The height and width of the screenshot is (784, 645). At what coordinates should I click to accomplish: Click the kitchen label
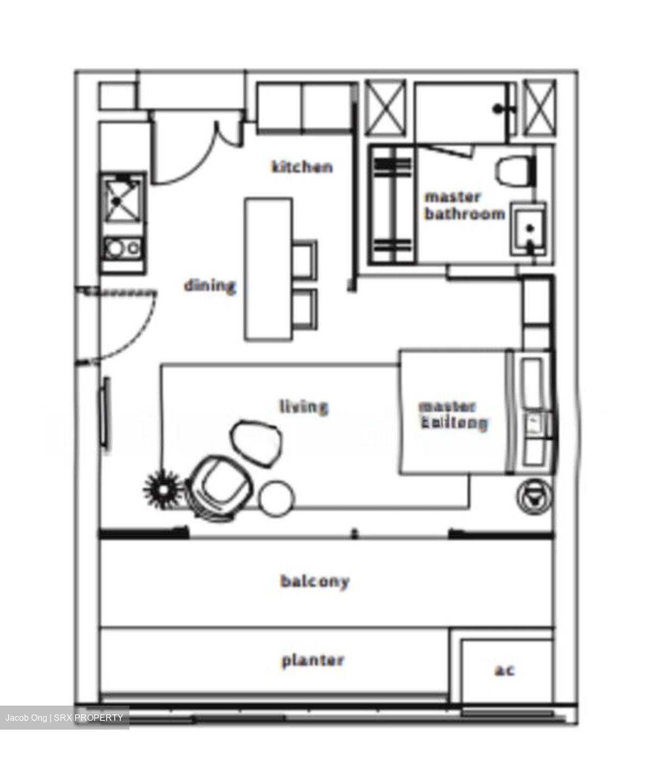click(x=302, y=166)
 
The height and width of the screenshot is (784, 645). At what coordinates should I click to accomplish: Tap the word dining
click(x=209, y=285)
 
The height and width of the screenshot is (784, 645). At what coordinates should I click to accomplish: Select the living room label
click(x=303, y=406)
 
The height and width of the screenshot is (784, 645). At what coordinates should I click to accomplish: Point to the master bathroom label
click(x=464, y=205)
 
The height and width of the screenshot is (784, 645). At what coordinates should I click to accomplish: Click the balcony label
click(x=315, y=581)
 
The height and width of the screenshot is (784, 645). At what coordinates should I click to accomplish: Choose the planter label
click(x=313, y=661)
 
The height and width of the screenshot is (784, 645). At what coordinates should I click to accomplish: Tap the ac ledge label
click(x=504, y=670)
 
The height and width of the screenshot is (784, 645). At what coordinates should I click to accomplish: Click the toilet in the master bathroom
click(x=513, y=171)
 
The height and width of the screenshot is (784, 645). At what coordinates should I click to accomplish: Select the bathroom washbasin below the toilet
click(x=528, y=229)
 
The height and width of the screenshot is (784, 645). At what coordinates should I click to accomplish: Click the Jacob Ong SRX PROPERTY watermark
click(x=64, y=718)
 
